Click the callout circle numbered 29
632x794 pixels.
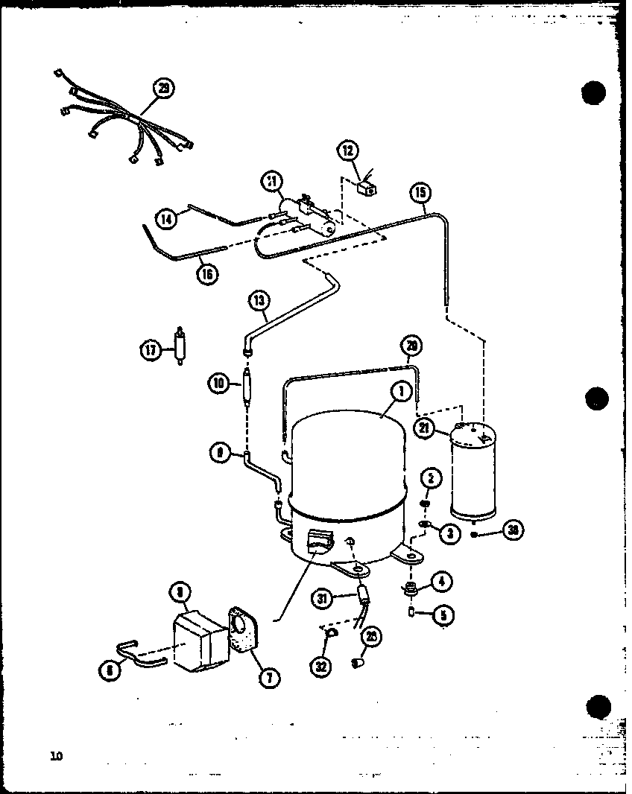163,89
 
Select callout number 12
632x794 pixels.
347,151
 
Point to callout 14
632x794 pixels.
166,218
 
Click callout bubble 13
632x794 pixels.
258,301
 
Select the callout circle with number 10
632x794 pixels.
218,384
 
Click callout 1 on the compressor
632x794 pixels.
400,391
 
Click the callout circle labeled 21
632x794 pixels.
426,428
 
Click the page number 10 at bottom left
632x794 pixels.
56,757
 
